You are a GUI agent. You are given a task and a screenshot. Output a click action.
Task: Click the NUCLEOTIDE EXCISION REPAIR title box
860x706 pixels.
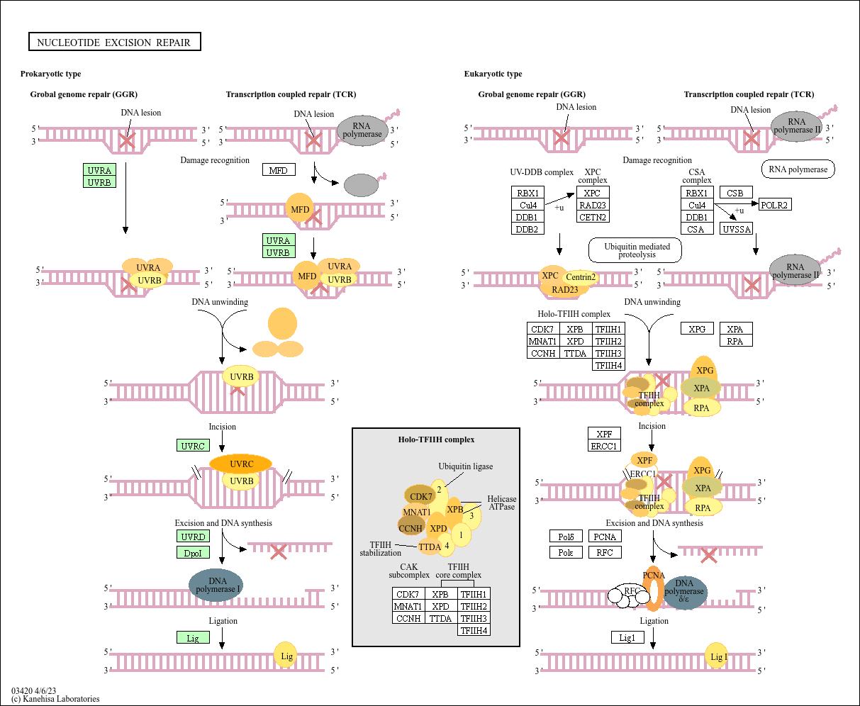114,43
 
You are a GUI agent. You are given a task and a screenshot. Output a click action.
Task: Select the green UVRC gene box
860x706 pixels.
193,446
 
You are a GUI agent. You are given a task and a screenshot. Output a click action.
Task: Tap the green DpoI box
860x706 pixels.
193,553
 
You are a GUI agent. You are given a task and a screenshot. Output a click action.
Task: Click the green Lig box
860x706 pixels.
193,638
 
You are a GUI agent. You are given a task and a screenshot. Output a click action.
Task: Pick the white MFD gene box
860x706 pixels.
279,170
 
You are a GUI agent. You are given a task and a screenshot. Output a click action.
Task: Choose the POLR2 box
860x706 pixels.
774,205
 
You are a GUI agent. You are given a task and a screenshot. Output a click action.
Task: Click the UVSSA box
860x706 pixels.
736,229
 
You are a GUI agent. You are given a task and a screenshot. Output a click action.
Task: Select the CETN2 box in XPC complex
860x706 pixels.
593,217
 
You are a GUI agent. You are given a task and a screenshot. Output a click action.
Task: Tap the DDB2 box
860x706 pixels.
527,229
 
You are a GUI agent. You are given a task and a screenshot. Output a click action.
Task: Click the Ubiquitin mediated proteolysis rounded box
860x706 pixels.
635,250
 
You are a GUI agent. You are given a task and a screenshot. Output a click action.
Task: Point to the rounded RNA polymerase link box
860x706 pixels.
798,169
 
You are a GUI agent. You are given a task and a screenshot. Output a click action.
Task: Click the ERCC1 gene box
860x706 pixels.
604,446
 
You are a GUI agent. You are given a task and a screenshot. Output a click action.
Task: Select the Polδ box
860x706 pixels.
566,537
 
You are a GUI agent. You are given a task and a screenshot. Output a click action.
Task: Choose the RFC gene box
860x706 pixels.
605,552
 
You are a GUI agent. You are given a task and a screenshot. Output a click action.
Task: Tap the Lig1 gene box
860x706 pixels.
627,638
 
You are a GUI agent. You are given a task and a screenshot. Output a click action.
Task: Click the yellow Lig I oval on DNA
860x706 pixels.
717,656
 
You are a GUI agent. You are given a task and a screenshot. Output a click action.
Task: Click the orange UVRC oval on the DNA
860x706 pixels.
241,464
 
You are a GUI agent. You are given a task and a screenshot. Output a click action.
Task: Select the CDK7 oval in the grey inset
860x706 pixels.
420,496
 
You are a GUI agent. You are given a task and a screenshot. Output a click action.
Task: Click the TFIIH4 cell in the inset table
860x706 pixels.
474,630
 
